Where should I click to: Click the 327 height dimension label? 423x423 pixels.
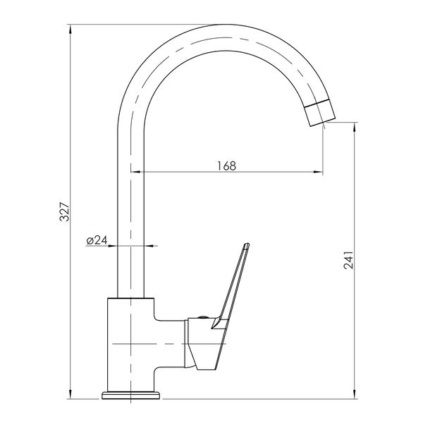[65, 211]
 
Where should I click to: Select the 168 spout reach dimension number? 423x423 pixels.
[226, 166]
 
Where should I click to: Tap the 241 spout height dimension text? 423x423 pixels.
[348, 260]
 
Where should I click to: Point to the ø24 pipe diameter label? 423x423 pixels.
[97, 240]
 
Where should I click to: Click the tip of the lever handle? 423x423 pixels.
[246, 245]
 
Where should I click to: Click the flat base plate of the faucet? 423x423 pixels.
[130, 396]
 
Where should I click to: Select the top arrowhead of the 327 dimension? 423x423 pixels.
[70, 29]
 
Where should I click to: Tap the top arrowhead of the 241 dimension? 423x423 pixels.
[354, 127]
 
